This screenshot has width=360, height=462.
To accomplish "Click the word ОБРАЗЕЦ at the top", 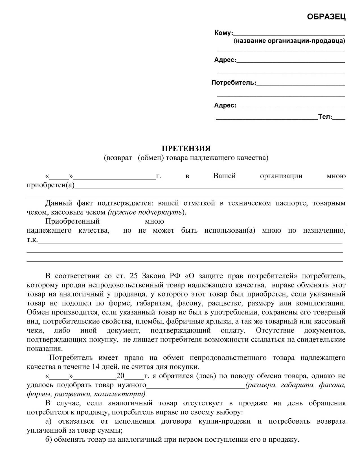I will [326, 17].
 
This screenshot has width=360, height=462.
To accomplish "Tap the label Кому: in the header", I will [223, 33].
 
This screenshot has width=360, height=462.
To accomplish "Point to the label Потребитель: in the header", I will [234, 83].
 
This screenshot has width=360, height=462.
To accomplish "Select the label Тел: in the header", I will [325, 117].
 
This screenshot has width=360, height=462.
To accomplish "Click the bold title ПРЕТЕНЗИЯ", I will [186, 148].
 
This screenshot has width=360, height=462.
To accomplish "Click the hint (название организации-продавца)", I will [289, 41].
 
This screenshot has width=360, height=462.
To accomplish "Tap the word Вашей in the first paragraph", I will [224, 176].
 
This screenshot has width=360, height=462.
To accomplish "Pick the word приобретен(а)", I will [51, 185].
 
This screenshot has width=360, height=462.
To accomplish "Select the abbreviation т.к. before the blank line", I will [32, 240].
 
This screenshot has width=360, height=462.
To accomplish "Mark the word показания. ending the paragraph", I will [45, 349].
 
